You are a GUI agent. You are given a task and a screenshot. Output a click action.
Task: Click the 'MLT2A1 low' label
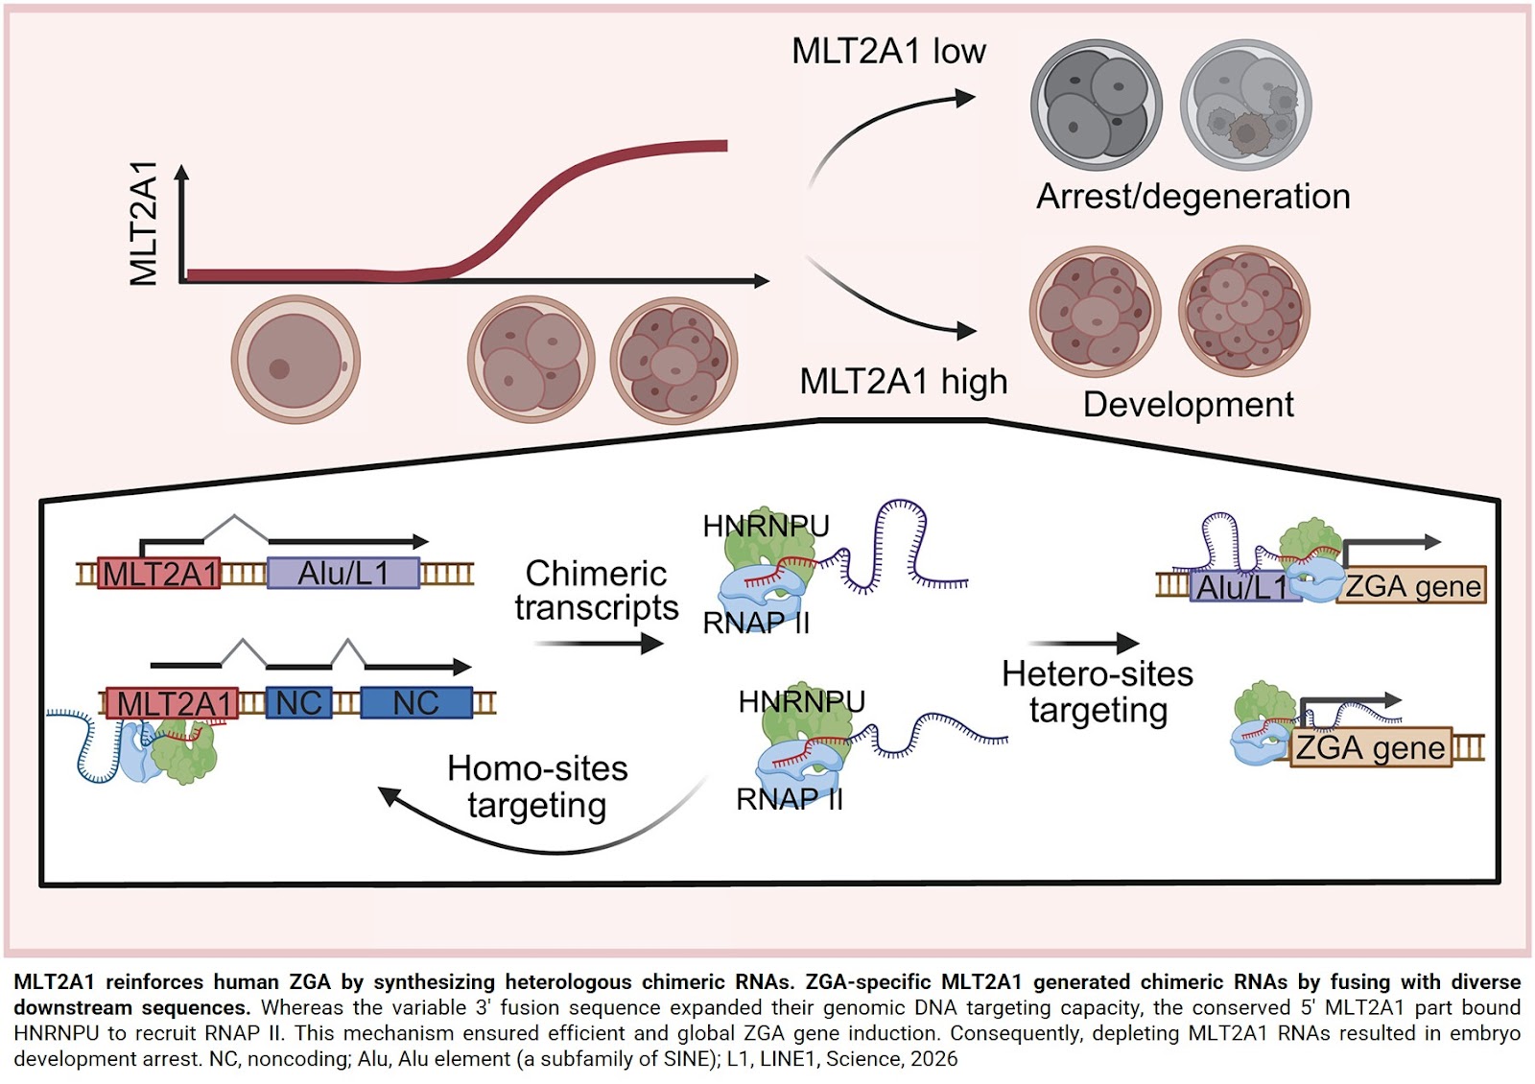click(888, 51)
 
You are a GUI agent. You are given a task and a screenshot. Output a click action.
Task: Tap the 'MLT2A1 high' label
click(903, 382)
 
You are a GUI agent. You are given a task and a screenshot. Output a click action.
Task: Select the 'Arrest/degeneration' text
click(1193, 197)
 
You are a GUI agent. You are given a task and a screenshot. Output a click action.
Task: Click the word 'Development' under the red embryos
click(1188, 405)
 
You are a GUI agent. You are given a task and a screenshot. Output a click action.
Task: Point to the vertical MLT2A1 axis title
click(143, 224)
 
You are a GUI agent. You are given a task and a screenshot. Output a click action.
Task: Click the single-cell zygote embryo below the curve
click(295, 360)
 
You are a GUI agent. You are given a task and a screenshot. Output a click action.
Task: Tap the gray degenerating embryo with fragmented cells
click(1245, 106)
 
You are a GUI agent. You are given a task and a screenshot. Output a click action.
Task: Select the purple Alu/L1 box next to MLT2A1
click(342, 574)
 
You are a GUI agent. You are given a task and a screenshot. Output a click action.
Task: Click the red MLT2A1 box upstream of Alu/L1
click(159, 574)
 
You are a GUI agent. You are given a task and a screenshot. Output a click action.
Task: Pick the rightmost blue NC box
click(415, 703)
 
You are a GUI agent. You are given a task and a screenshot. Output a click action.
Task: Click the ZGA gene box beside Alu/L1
click(1411, 585)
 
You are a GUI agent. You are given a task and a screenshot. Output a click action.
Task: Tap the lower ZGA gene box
click(1369, 747)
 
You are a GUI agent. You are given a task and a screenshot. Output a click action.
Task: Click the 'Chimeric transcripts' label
click(596, 591)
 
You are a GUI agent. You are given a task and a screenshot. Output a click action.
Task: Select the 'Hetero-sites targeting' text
click(1098, 692)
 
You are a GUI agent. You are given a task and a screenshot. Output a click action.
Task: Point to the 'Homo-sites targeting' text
click(537, 787)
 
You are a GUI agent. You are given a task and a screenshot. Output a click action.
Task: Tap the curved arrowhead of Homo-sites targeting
click(389, 796)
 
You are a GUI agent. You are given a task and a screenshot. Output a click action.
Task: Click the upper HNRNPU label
click(765, 526)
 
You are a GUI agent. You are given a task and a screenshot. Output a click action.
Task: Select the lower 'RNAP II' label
click(789, 799)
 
